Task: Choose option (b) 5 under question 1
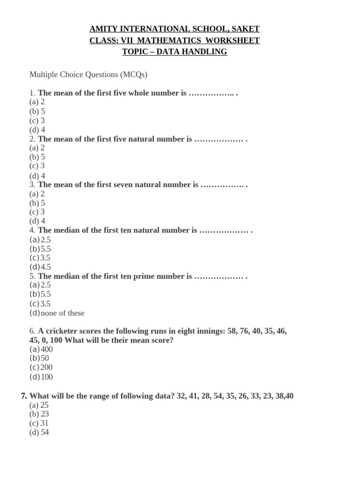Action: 37,111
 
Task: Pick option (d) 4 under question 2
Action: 37,175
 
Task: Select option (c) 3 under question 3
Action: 37,212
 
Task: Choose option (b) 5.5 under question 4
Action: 40,248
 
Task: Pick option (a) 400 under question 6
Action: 41,349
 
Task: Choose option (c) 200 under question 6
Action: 41,367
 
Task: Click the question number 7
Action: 24,396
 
